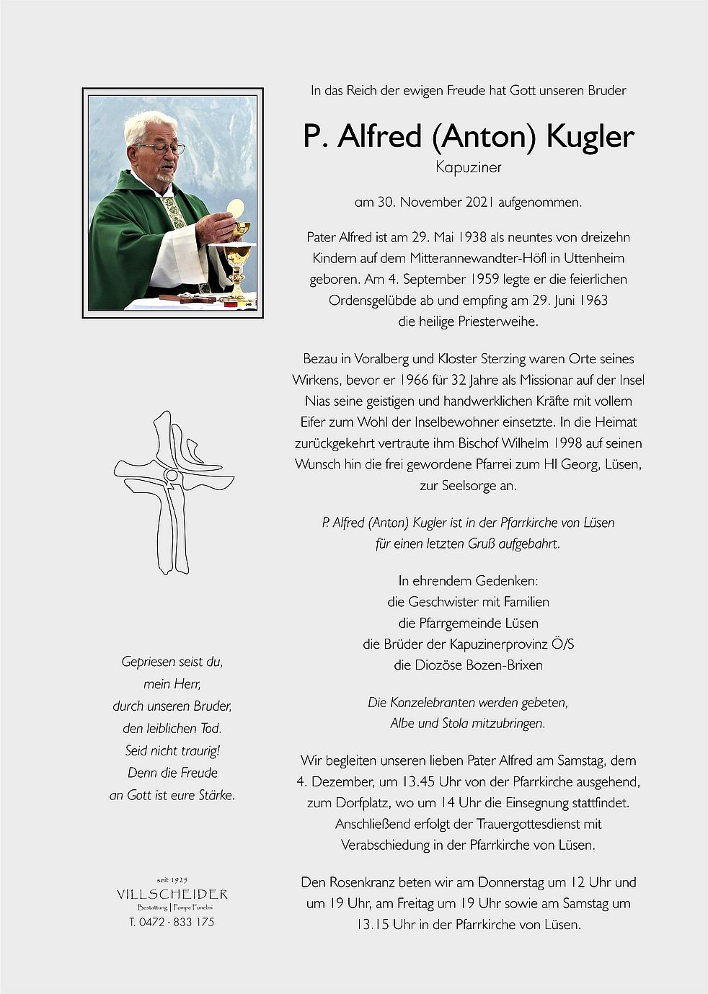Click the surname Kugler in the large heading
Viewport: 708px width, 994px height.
point(590,136)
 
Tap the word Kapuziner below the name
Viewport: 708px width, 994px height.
point(468,167)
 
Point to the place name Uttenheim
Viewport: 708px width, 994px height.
point(594,258)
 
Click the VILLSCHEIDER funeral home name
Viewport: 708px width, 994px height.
point(172,895)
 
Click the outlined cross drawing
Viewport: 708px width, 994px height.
point(174,491)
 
